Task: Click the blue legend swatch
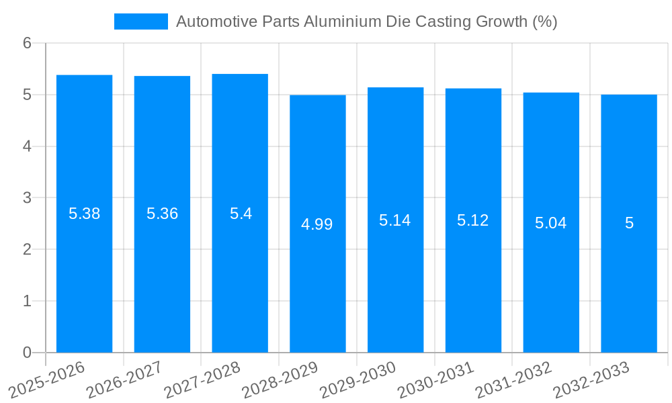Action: click(141, 21)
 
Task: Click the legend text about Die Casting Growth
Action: click(366, 21)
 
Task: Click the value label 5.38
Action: click(84, 214)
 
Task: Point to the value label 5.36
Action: click(162, 214)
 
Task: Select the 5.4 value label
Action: click(241, 214)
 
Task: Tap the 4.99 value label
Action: click(317, 224)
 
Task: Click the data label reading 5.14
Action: click(395, 220)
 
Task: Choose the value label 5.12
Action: click(473, 220)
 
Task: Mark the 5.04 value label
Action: click(551, 223)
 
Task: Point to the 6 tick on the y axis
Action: click(27, 43)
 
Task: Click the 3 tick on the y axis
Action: click(27, 198)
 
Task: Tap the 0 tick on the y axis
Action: click(27, 353)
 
